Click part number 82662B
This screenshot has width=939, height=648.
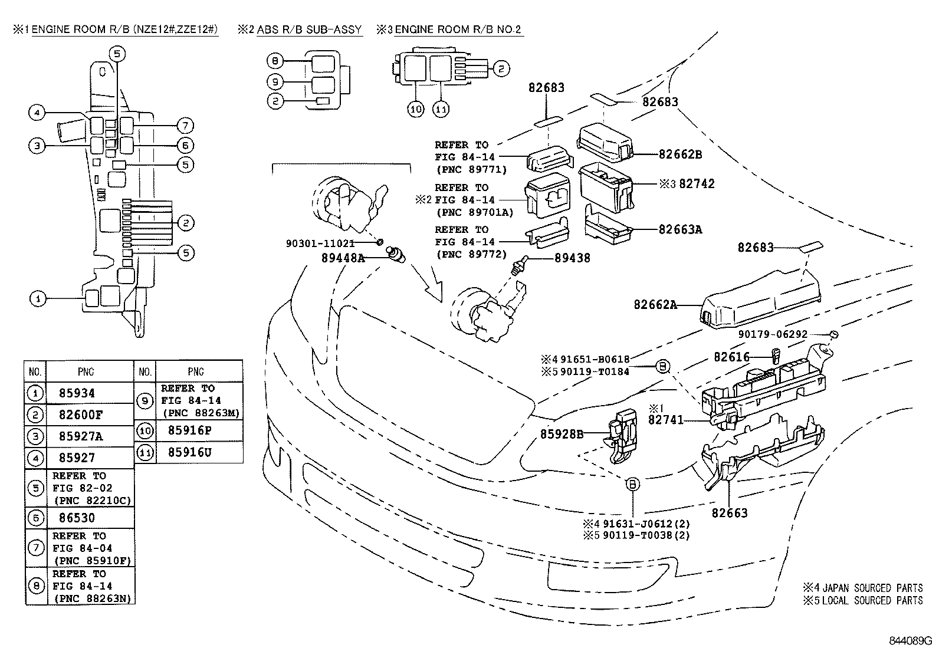(680, 154)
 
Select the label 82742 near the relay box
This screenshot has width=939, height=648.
(697, 184)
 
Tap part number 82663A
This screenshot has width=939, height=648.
(680, 230)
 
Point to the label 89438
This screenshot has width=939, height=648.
(572, 258)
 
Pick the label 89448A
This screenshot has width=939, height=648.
(343, 257)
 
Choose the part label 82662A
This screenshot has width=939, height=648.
(655, 305)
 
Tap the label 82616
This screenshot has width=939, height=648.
(731, 357)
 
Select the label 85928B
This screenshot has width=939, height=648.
(562, 434)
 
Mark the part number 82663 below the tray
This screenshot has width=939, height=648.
(729, 513)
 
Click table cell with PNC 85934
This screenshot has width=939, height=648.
(77, 393)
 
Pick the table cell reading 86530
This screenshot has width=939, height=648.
(77, 518)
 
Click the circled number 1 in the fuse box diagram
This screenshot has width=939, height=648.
(38, 299)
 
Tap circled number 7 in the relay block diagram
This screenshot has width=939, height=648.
(185, 126)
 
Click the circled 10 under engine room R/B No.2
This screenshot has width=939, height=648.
(416, 109)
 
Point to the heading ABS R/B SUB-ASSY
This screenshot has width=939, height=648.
(308, 29)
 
